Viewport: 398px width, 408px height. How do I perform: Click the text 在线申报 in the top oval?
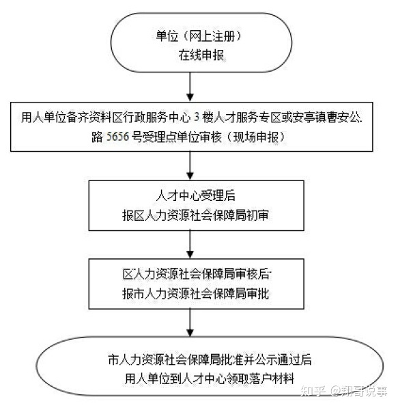click(x=201, y=55)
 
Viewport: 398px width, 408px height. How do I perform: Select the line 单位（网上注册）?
click(x=199, y=36)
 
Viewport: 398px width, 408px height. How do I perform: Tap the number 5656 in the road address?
click(x=118, y=137)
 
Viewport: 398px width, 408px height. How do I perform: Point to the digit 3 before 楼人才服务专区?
click(x=197, y=118)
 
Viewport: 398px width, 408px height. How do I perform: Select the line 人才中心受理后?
click(x=195, y=195)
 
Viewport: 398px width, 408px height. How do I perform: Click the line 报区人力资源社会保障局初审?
click(x=195, y=215)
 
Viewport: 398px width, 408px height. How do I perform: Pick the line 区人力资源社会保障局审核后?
click(x=197, y=274)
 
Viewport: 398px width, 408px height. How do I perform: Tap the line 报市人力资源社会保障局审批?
click(x=195, y=294)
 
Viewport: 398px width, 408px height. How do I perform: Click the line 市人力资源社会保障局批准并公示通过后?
click(x=210, y=360)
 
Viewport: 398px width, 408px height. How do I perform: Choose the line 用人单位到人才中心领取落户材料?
click(x=210, y=379)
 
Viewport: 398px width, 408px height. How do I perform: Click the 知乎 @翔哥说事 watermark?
click(x=343, y=391)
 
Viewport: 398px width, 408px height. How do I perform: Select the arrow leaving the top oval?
click(x=190, y=87)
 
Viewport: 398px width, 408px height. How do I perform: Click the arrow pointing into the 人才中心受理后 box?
click(x=190, y=165)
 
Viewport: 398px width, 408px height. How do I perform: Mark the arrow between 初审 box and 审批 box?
click(x=190, y=245)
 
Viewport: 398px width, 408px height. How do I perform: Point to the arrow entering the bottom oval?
click(x=190, y=323)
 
